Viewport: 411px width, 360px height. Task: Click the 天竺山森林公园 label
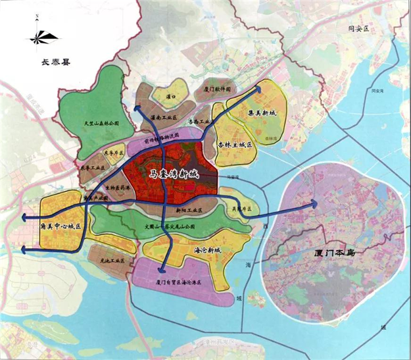click(101, 123)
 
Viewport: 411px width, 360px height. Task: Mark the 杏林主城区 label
click(235, 144)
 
